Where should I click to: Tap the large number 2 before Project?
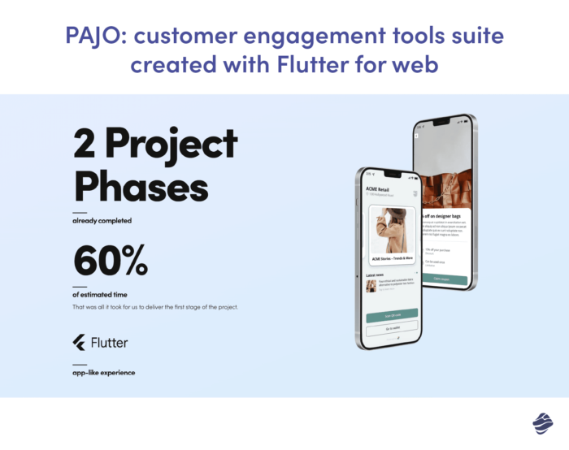[x=85, y=144]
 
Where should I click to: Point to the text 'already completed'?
[x=102, y=220]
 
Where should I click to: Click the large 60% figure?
[x=111, y=259]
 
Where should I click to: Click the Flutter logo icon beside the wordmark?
[x=80, y=342]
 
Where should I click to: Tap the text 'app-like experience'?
[x=104, y=372]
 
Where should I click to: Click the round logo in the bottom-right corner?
[x=542, y=423]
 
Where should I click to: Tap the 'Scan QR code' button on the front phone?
[x=392, y=314]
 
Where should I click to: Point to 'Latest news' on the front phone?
[x=376, y=275]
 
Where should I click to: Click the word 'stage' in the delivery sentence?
[x=195, y=307]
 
